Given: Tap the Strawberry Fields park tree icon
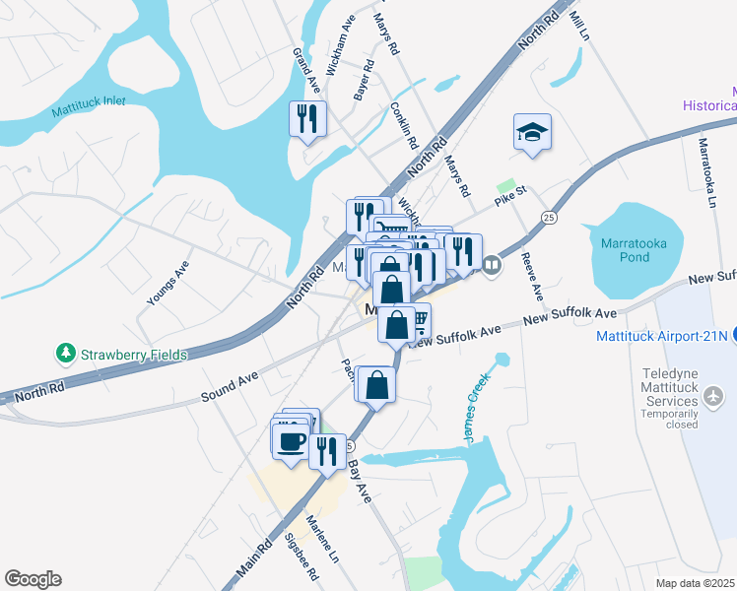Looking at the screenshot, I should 66,353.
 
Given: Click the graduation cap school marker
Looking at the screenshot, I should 532,132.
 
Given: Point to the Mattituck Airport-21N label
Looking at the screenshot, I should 661,336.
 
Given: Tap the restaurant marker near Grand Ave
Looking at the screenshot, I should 307,119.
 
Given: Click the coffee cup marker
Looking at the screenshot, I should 291,440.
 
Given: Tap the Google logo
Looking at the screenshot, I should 33,579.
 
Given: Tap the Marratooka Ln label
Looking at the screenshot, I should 705,172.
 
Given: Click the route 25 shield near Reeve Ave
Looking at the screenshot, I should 549,216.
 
